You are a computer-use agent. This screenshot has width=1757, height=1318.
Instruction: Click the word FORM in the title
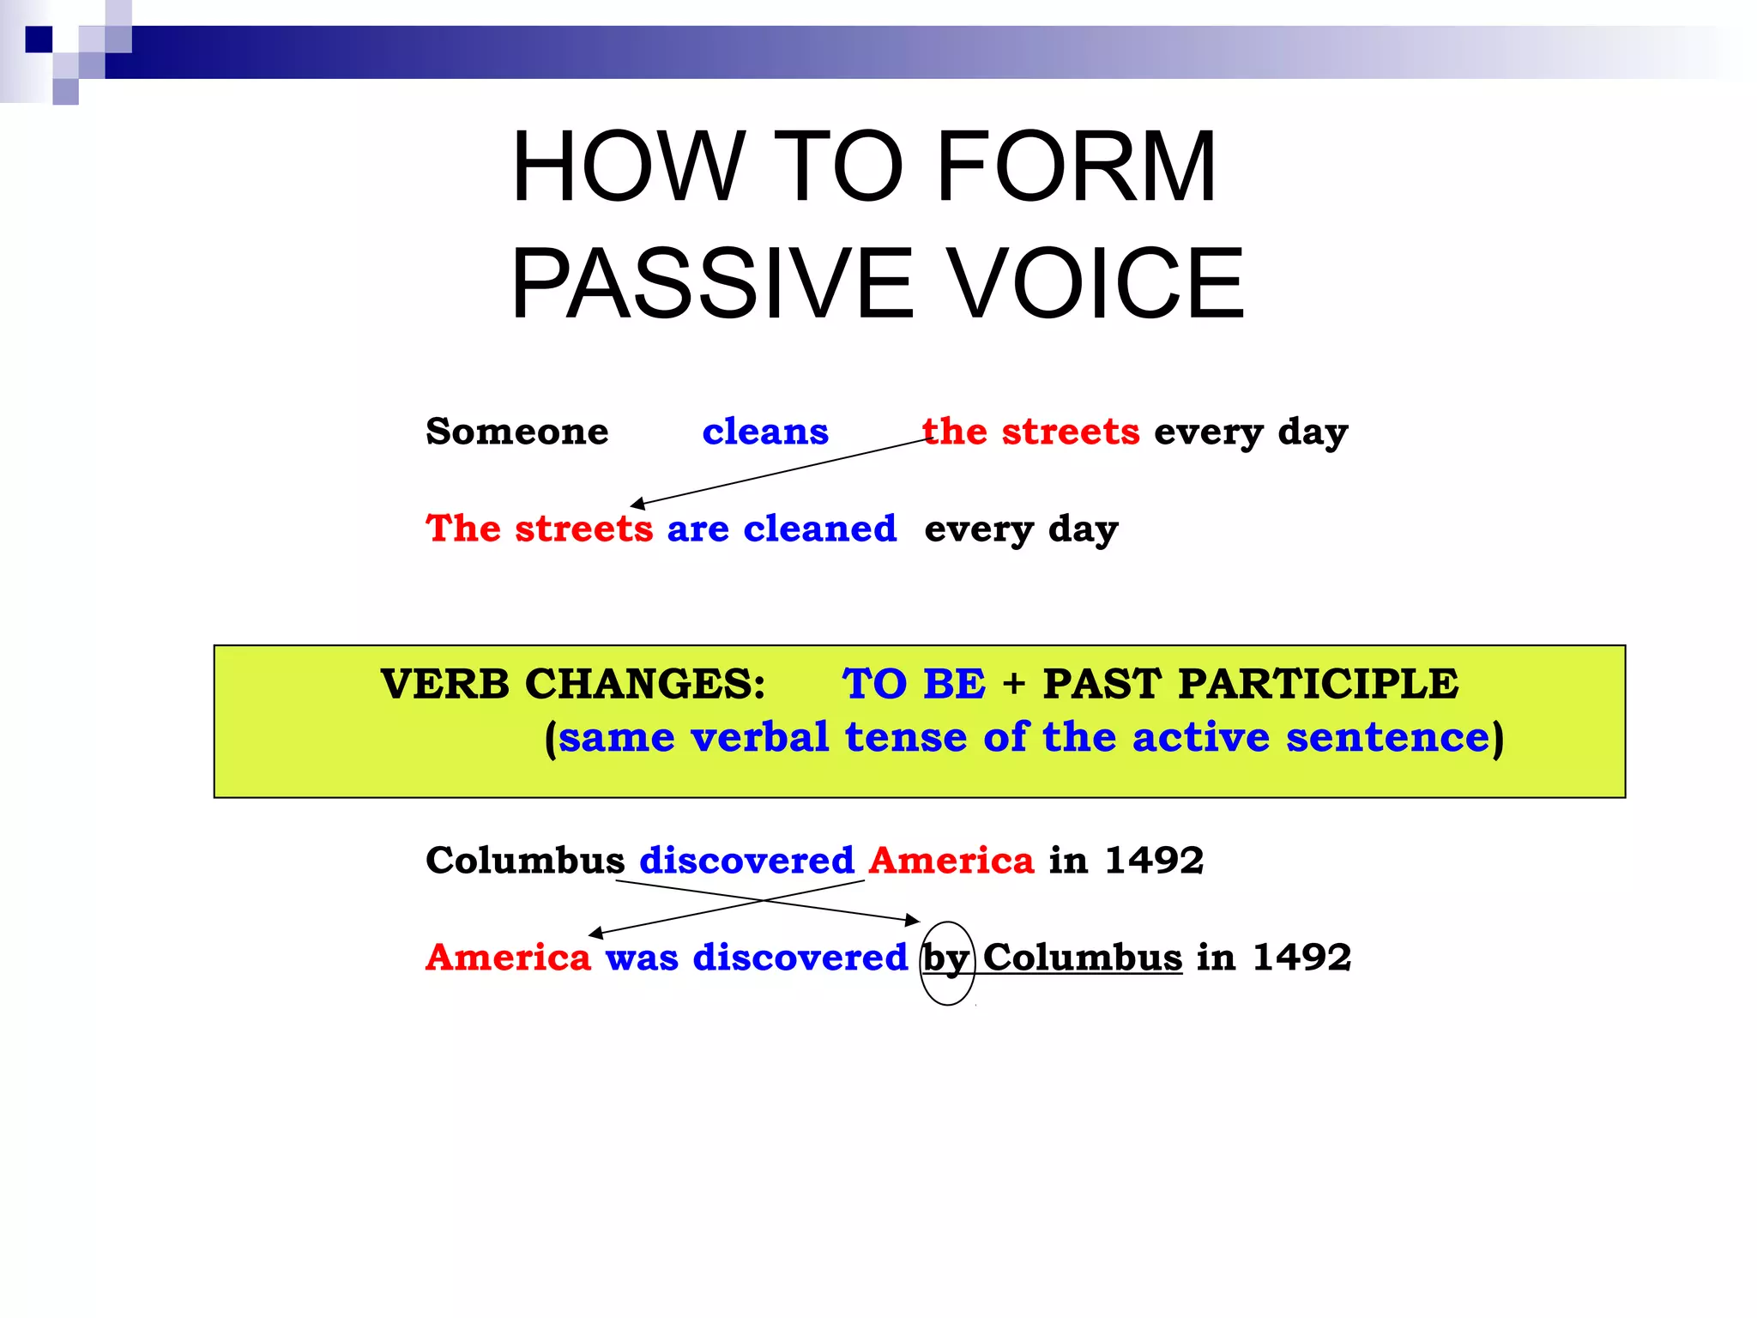(x=1076, y=166)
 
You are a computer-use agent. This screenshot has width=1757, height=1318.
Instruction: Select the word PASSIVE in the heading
(x=712, y=283)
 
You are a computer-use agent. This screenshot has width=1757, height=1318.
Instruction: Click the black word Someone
(x=516, y=431)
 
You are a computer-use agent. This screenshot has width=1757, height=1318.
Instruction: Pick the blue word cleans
(x=765, y=431)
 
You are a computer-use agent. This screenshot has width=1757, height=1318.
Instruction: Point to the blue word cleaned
(x=819, y=529)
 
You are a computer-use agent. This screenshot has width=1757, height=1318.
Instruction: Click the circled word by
(x=946, y=958)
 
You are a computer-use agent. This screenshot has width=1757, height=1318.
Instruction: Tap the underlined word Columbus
(x=1083, y=957)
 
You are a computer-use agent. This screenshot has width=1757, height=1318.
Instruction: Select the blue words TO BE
(x=914, y=684)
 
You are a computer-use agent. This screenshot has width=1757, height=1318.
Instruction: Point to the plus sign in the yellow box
(x=1013, y=685)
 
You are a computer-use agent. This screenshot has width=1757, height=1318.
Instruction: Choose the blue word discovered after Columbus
(x=746, y=860)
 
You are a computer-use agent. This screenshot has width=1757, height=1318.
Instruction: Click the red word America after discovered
(x=951, y=860)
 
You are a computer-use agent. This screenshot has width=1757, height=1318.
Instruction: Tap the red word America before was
(x=508, y=957)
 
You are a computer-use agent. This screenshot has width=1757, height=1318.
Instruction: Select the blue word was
(x=642, y=957)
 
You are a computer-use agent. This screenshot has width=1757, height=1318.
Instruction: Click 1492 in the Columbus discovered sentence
(x=1154, y=860)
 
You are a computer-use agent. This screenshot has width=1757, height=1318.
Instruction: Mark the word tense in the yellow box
(x=906, y=737)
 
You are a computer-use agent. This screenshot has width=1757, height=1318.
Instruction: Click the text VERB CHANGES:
(x=573, y=684)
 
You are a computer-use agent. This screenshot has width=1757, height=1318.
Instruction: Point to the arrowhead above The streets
(x=637, y=504)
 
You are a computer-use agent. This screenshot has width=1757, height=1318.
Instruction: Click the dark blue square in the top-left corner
(x=39, y=39)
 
